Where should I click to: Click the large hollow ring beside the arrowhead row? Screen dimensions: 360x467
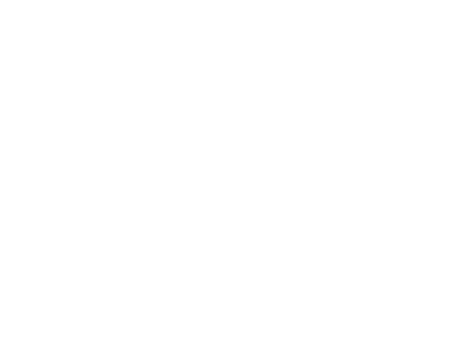444,105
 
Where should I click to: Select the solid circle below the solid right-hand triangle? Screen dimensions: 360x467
409,214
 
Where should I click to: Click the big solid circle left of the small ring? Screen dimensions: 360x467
253,255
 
